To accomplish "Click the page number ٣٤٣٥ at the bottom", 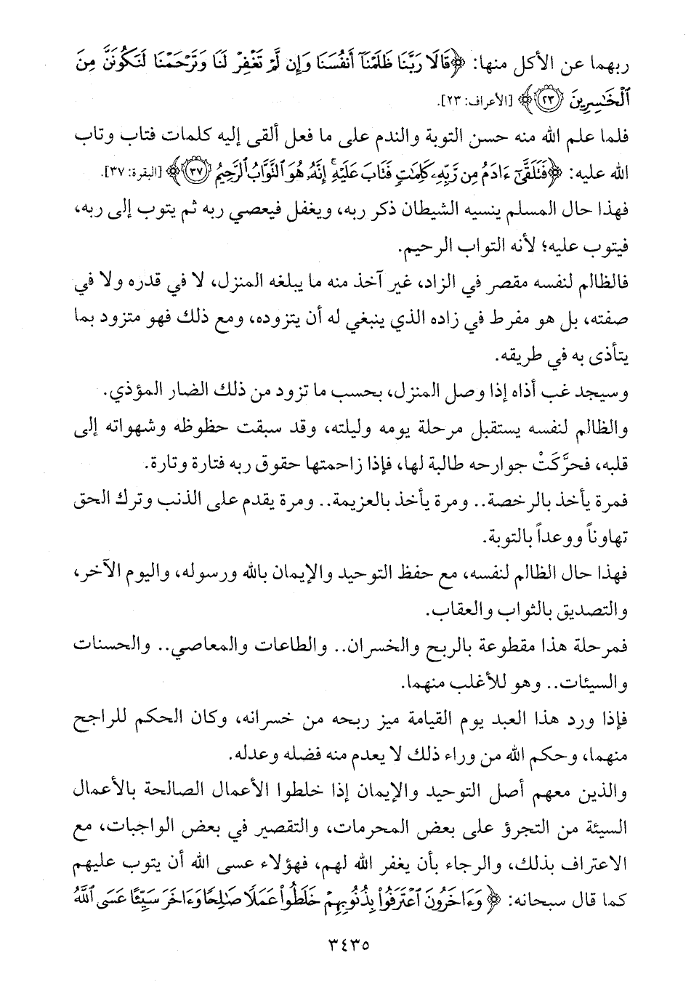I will [344, 947].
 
